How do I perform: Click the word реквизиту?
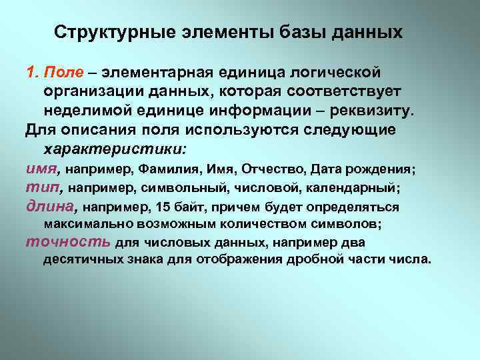[374, 109]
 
